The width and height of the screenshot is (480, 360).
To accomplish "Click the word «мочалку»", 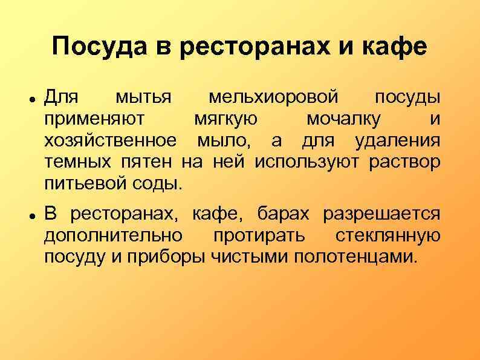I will (x=343, y=119).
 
